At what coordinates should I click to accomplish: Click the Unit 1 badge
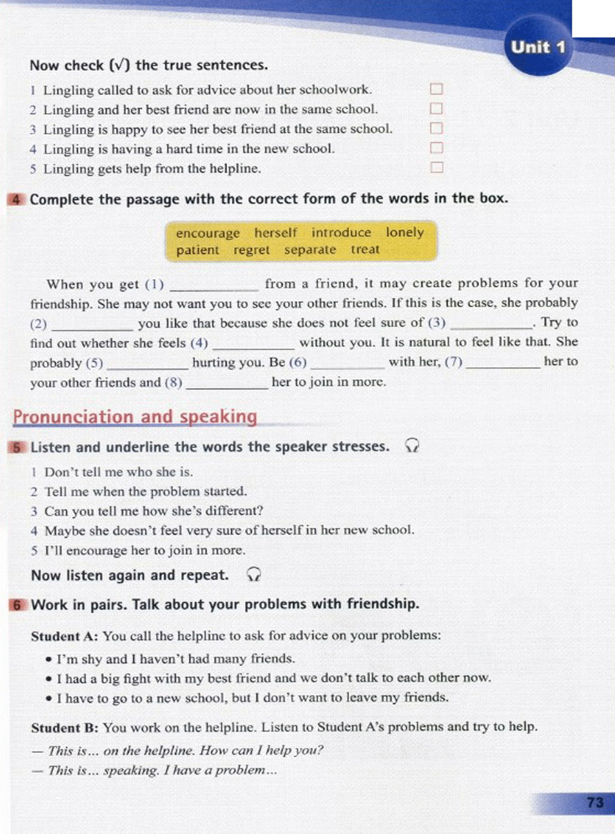[x=538, y=47]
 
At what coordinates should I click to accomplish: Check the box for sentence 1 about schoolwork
[x=437, y=89]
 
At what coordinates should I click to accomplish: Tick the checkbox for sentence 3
[x=437, y=128]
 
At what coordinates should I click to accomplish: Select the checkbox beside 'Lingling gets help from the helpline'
[x=437, y=167]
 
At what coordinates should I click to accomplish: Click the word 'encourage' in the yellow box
[x=207, y=233]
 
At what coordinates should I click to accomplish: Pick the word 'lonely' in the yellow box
[x=405, y=232]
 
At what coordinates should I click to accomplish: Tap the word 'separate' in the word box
[x=310, y=250]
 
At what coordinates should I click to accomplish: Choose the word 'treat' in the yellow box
[x=365, y=249]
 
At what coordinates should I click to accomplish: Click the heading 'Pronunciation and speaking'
[x=135, y=416]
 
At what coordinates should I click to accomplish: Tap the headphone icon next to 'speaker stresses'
[x=412, y=446]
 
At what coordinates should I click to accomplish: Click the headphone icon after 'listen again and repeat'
[x=254, y=575]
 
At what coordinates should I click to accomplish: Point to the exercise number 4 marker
[x=16, y=199]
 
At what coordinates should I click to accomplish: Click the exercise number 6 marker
[x=17, y=604]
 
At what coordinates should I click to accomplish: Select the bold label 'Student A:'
[x=64, y=636]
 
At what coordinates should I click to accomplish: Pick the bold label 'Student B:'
[x=64, y=728]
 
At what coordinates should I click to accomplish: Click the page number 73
[x=595, y=802]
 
